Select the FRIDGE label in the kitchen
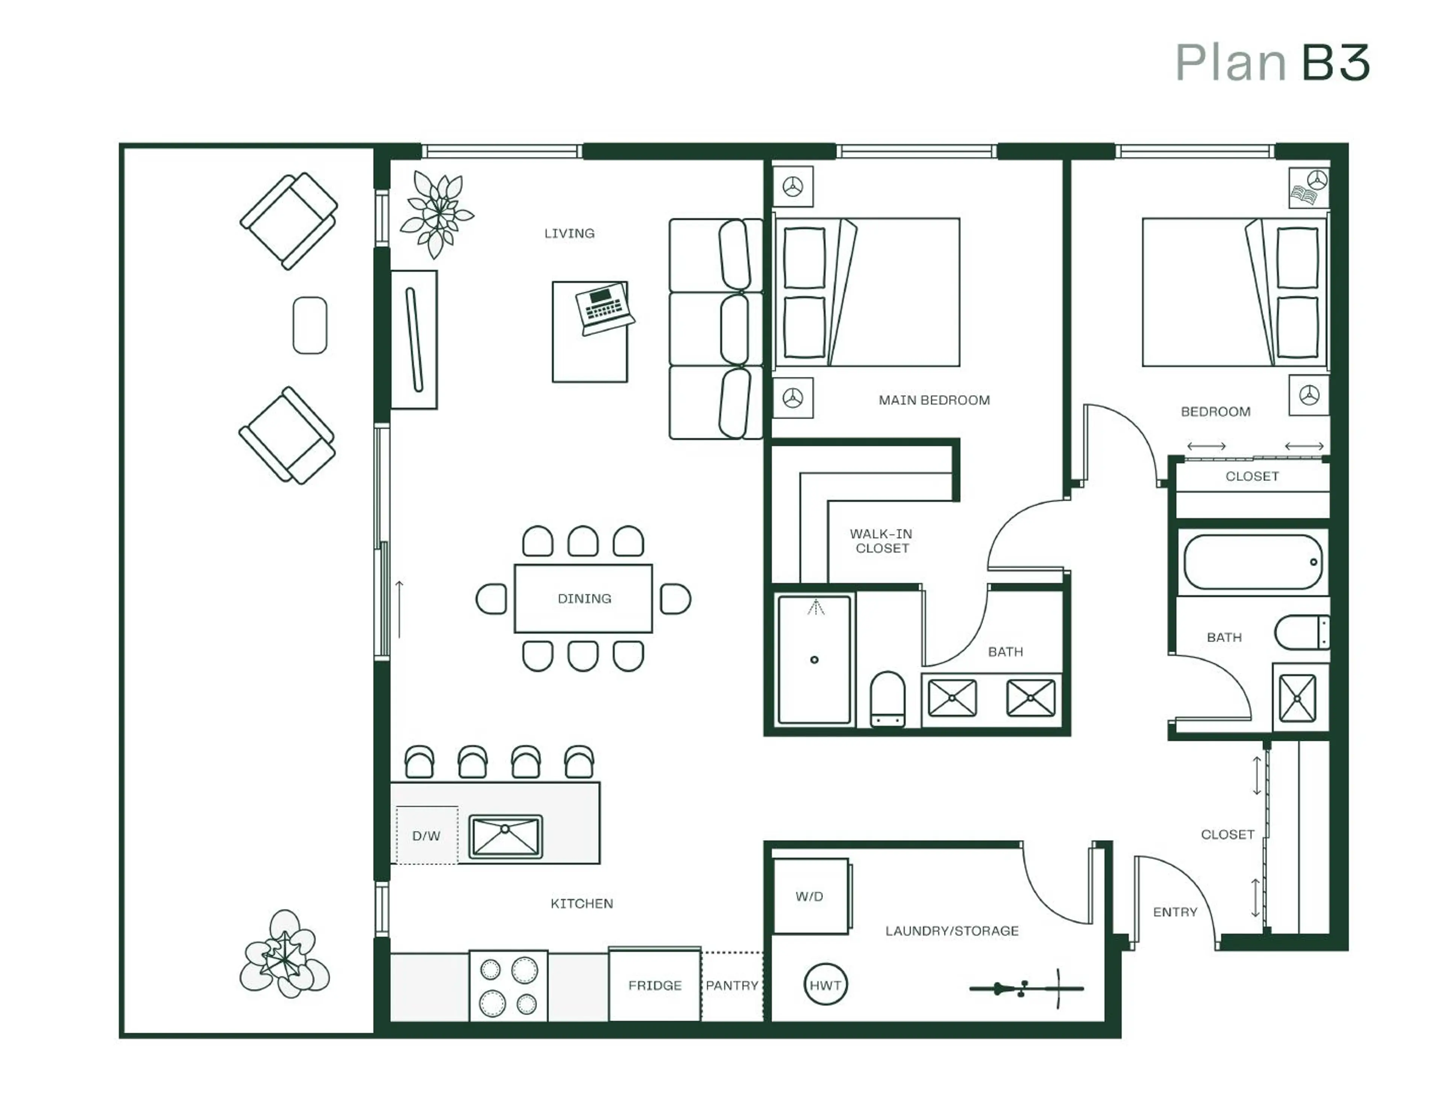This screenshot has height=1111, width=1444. click(655, 985)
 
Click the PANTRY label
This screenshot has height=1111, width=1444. click(732, 985)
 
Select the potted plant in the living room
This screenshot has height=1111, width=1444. click(436, 213)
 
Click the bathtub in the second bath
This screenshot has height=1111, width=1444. click(1252, 562)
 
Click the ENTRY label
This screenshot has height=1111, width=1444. click(1175, 912)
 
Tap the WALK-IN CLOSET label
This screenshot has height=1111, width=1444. click(882, 540)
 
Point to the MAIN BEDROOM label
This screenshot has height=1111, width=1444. click(934, 400)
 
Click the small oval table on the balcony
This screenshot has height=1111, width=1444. click(310, 325)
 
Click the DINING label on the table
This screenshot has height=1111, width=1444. click(584, 598)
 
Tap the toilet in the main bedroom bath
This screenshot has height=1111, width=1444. click(887, 699)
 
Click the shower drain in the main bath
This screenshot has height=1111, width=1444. click(815, 660)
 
